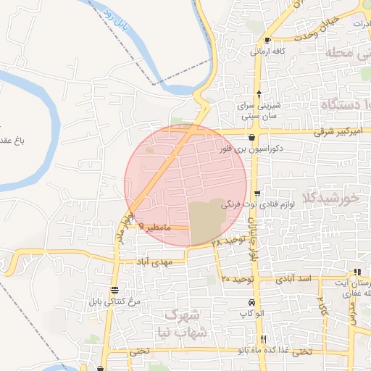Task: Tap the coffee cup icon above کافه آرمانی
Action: (268, 41)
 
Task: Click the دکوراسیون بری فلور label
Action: (250, 149)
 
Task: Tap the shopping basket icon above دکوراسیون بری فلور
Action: (251, 137)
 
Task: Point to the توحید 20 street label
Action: (236, 278)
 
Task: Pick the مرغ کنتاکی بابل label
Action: (114, 301)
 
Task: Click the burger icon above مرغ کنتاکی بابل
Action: (114, 289)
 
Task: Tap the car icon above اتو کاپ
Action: (251, 302)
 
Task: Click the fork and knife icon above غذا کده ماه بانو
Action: (263, 339)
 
